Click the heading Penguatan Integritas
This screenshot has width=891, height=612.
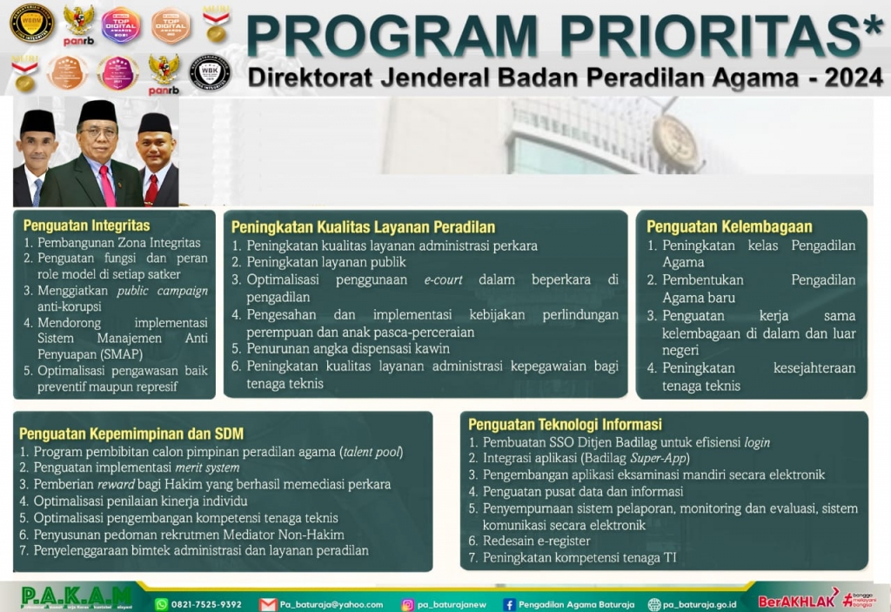(86, 225)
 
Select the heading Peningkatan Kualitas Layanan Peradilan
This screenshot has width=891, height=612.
(363, 227)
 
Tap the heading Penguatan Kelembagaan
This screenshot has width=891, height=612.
(729, 226)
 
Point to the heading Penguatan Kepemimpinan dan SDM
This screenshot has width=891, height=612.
(131, 433)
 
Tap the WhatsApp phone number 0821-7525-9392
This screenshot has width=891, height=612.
(206, 604)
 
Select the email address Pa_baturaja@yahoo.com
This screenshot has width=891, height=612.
(332, 604)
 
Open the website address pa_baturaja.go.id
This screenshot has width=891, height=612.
(700, 604)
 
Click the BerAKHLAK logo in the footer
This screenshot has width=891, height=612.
(796, 601)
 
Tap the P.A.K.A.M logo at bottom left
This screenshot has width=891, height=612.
(77, 598)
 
